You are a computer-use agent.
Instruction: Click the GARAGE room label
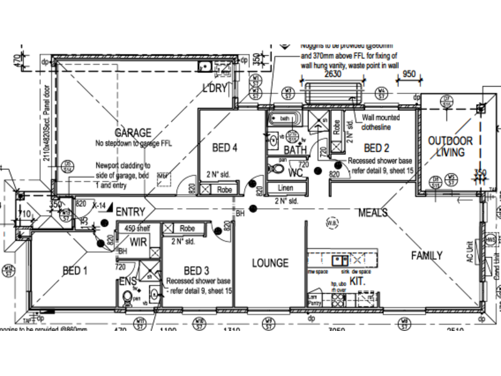click(x=132, y=133)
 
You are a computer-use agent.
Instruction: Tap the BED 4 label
click(x=225, y=149)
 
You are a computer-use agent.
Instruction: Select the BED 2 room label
click(x=377, y=148)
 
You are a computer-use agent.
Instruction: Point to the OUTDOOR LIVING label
click(x=450, y=147)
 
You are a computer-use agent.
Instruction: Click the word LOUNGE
click(x=270, y=263)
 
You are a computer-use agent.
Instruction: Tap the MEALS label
click(x=373, y=213)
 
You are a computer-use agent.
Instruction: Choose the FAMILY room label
click(x=426, y=256)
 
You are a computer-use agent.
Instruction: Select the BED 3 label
click(x=197, y=270)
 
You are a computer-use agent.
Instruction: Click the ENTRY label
click(x=130, y=212)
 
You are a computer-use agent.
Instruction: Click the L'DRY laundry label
click(x=214, y=88)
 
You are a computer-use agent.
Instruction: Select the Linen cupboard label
click(x=285, y=188)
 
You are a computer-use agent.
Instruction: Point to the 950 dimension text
click(x=409, y=74)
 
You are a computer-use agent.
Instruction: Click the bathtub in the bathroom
click(x=284, y=118)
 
